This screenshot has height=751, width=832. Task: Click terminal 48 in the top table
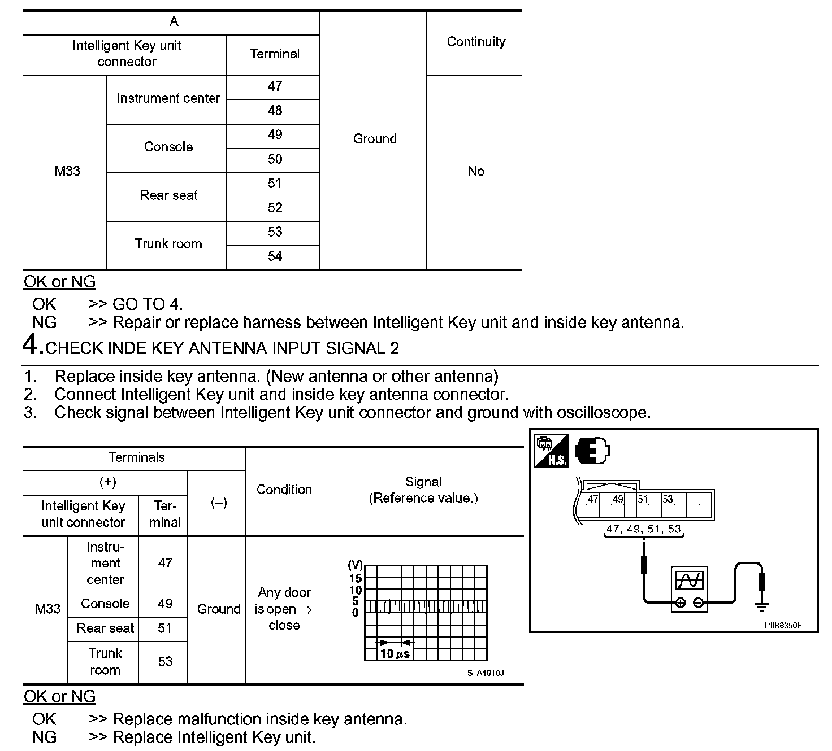click(x=275, y=111)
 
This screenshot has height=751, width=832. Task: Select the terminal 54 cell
click(x=275, y=256)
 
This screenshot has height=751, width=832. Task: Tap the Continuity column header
click(x=476, y=42)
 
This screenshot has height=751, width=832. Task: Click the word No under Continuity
click(x=476, y=171)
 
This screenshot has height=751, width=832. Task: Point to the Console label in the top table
click(x=168, y=147)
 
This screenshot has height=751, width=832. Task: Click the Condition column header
click(x=284, y=490)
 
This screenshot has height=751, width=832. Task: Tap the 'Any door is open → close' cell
click(x=284, y=609)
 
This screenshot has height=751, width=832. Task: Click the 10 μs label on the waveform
click(x=395, y=654)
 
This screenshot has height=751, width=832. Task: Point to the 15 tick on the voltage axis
click(x=355, y=578)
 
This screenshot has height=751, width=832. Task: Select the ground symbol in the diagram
click(x=762, y=608)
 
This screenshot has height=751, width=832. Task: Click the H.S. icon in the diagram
click(x=551, y=451)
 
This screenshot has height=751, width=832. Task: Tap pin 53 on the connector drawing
click(x=668, y=500)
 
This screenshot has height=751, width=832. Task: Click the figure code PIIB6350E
click(x=783, y=626)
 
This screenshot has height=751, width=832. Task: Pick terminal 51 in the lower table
click(x=164, y=628)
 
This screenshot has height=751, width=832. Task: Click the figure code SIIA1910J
click(x=486, y=673)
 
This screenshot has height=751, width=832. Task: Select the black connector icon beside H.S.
click(x=592, y=451)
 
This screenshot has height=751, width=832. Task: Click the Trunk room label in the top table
click(x=168, y=244)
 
